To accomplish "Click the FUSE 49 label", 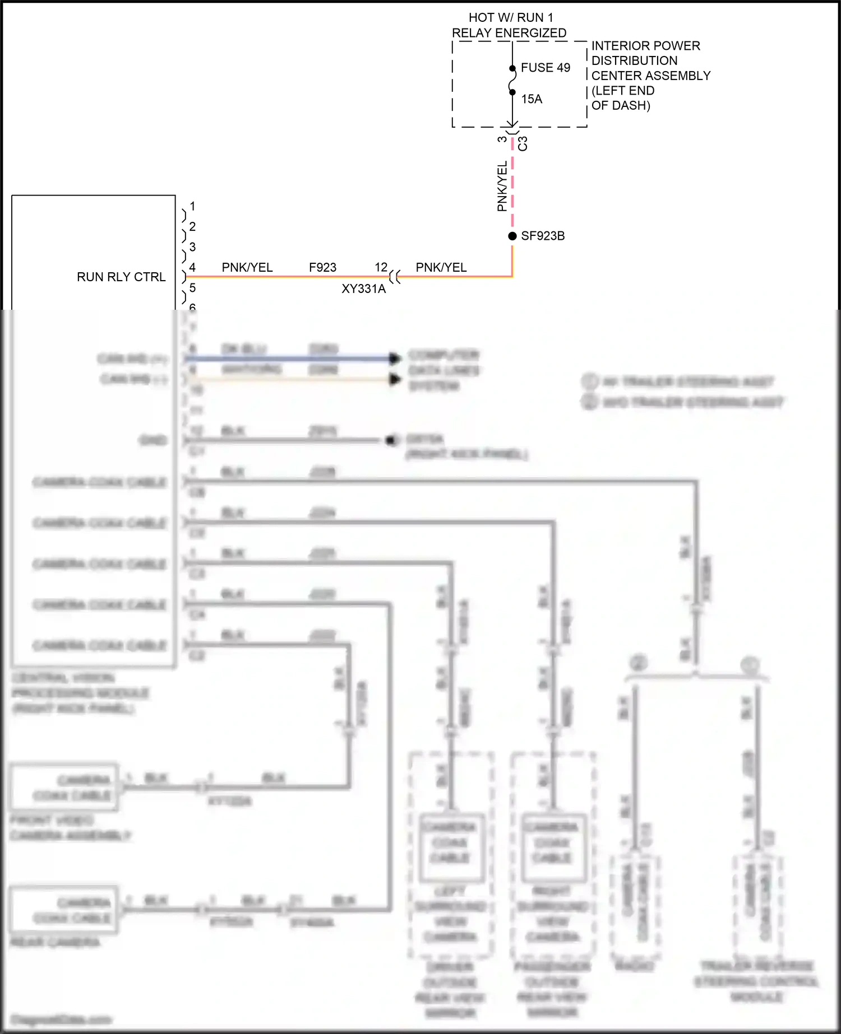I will point(545,68).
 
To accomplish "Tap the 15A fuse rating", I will point(532,99).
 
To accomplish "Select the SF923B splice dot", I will point(512,236).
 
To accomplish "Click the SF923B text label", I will point(543,236).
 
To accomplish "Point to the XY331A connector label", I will point(363,289).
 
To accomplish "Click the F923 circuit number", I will point(322,268).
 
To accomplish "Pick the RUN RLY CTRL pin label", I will point(121,277).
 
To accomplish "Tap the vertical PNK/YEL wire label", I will point(502,186).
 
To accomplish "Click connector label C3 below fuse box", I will point(523,143).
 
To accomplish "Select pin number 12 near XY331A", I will point(381,267).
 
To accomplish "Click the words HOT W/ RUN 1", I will point(511,18).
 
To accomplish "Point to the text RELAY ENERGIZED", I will point(509,33).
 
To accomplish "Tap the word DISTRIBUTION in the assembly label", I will point(634,60).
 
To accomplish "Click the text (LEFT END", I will point(623,91).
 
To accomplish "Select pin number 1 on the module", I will point(192,206).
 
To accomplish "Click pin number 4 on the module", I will point(192,268).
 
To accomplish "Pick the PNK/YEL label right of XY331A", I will point(441,268).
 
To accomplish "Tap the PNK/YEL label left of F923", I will point(247,268).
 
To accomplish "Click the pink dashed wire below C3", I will point(512,185).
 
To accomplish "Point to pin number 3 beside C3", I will point(502,139).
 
